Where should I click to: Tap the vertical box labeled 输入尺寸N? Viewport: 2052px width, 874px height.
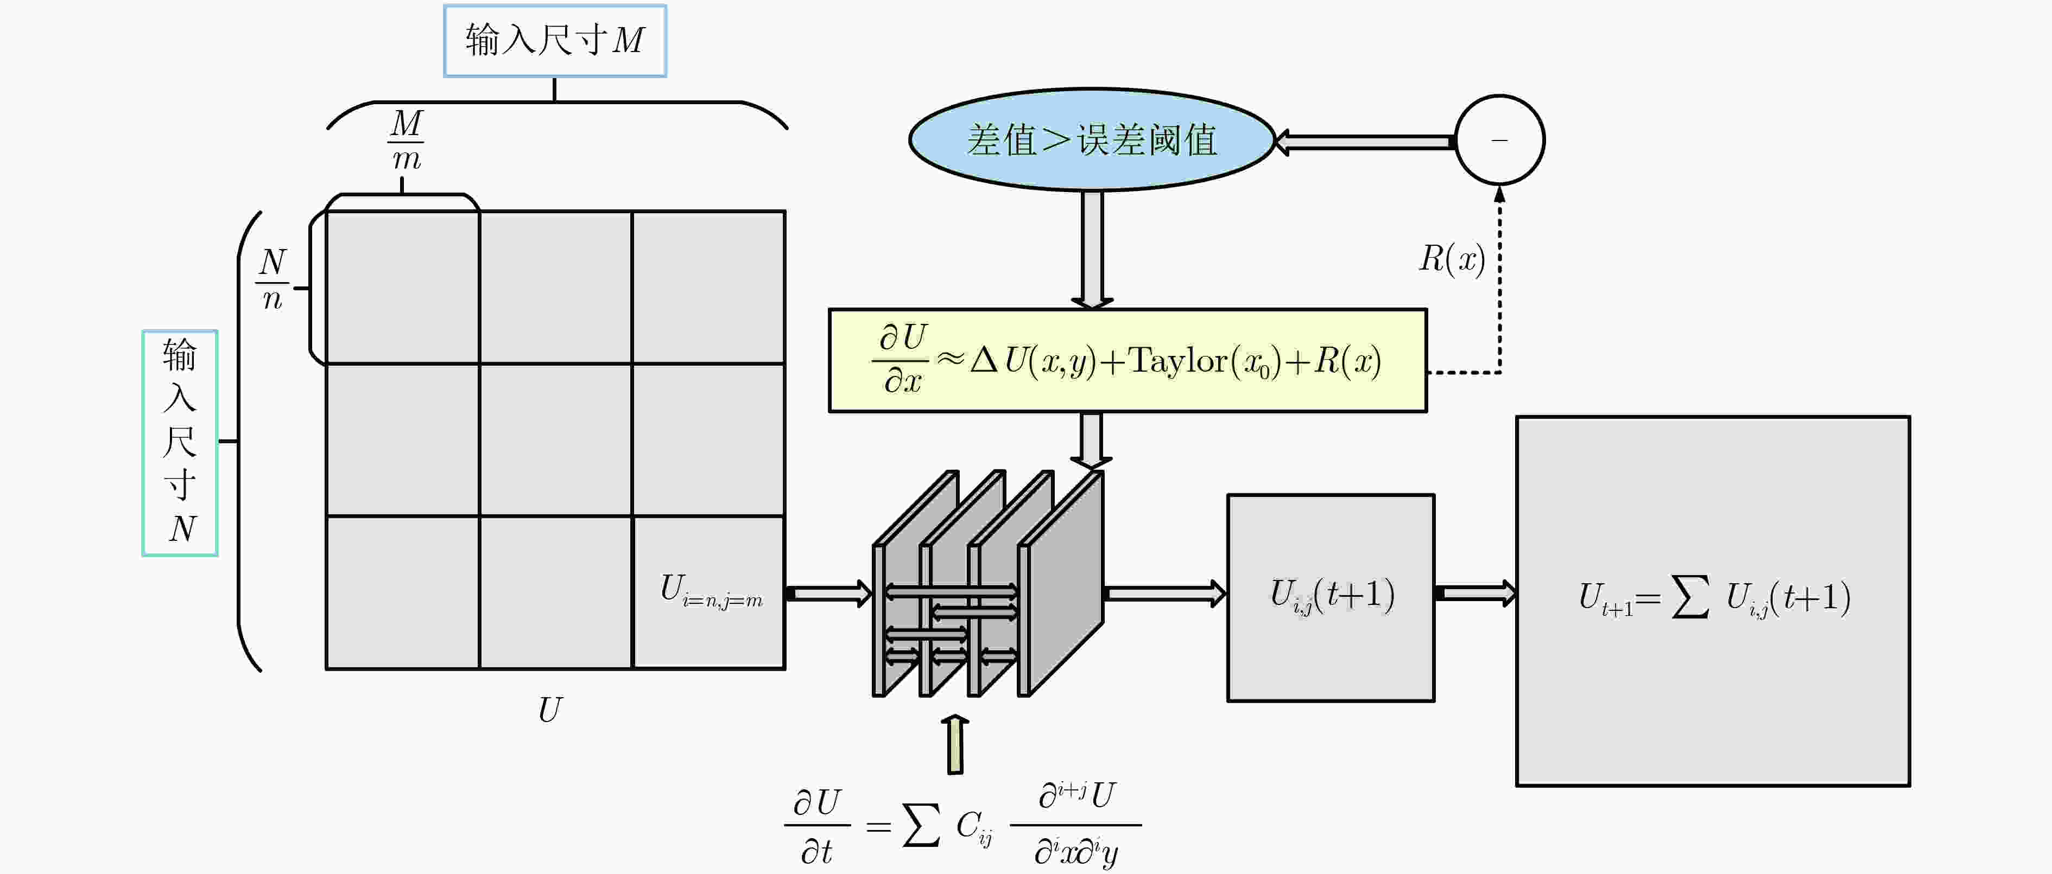pyautogui.click(x=180, y=443)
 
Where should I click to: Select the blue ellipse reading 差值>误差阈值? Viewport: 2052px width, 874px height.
pyautogui.click(x=1092, y=139)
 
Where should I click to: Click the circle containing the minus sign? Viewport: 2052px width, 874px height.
pyautogui.click(x=1500, y=140)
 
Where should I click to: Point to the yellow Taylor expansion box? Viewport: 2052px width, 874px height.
pyautogui.click(x=1128, y=361)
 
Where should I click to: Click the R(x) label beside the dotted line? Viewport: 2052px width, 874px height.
pyautogui.click(x=1452, y=259)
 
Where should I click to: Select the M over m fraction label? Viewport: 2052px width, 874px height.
pyautogui.click(x=406, y=140)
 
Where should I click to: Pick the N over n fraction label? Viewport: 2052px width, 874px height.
pyautogui.click(x=273, y=279)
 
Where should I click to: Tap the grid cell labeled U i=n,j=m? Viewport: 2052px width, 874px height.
pyautogui.click(x=709, y=593)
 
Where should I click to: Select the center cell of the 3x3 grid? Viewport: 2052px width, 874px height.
pyautogui.click(x=556, y=440)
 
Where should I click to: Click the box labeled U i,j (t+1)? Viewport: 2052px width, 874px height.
pyautogui.click(x=1331, y=598)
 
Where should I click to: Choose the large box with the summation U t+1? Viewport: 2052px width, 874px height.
pyautogui.click(x=1713, y=601)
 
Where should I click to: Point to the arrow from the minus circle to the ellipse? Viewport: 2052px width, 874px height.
pyautogui.click(x=1365, y=142)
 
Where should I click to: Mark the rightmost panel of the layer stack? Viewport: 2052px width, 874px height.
pyautogui.click(x=1061, y=583)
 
